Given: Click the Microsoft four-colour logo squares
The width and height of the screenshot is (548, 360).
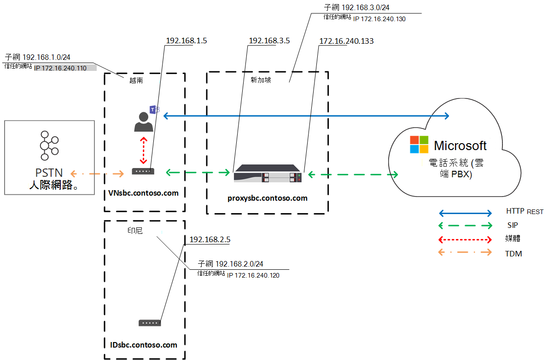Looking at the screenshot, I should click(x=419, y=145).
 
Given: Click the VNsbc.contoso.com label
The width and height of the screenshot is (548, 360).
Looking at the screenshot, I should click(x=144, y=193).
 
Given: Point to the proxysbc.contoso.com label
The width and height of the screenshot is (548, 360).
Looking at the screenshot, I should click(x=267, y=198).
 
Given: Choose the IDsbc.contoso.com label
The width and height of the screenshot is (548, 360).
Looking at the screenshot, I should click(x=144, y=344).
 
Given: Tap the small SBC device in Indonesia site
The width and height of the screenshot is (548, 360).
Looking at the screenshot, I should click(x=150, y=323).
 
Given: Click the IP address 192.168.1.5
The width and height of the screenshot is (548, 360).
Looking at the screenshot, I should click(x=186, y=41).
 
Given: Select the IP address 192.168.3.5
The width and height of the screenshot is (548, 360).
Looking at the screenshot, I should click(x=269, y=41).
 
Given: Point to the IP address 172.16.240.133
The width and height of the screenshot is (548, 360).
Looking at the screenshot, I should click(x=346, y=41).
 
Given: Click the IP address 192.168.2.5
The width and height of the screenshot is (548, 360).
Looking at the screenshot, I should click(x=210, y=239).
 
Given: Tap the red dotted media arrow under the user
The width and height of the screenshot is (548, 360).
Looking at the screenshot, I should click(x=144, y=151).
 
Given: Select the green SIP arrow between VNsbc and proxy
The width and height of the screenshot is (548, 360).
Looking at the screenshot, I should click(x=198, y=173).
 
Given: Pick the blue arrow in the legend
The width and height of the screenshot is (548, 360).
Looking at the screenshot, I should click(x=465, y=213).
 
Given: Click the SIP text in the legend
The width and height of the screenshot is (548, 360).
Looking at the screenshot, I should click(x=512, y=226).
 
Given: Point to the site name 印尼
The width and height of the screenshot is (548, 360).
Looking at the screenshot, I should click(x=135, y=230).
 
